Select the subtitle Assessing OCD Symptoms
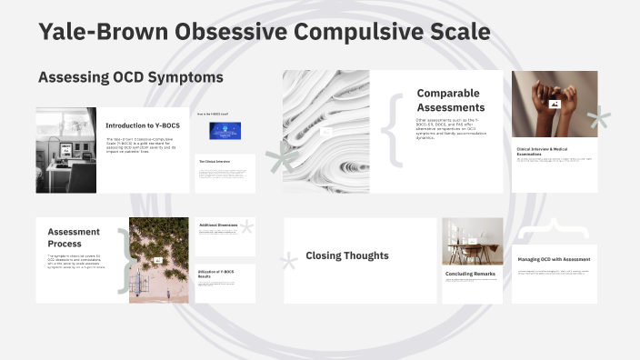pyautogui.click(x=130, y=78)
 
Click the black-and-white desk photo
pyautogui.click(x=66, y=150)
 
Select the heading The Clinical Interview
pyautogui.click(x=215, y=162)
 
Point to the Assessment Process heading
pyautogui.click(x=74, y=237)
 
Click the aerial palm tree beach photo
pyautogui.click(x=159, y=260)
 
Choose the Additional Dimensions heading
pyautogui.click(x=218, y=224)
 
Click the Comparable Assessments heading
pyautogui.click(x=448, y=99)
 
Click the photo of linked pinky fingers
pyautogui.click(x=554, y=104)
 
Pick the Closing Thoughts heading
pyautogui.click(x=347, y=255)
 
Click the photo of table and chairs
pyautogui.click(x=472, y=241)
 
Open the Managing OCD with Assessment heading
pyautogui.click(x=554, y=259)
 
